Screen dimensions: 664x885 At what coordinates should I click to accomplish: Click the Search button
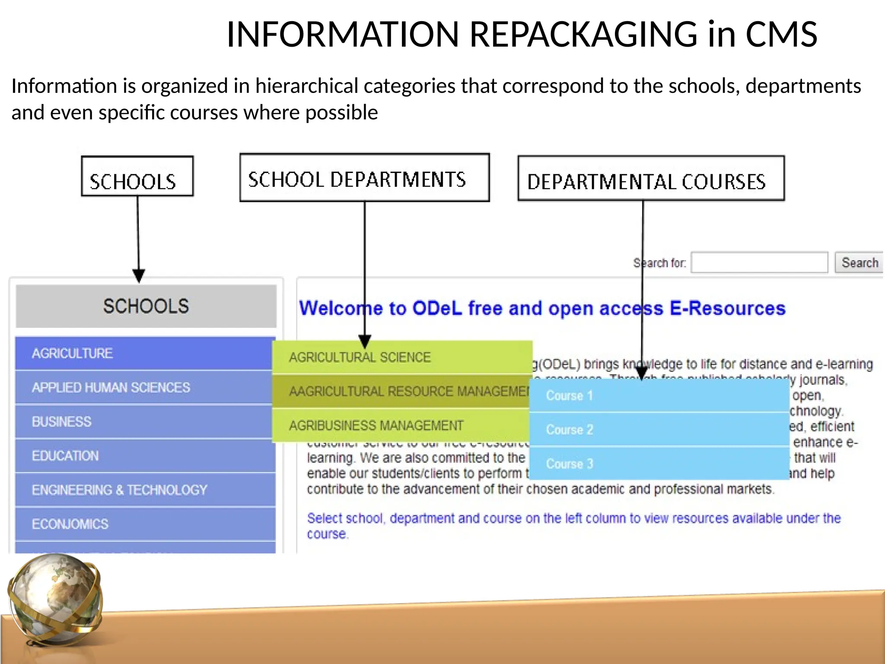tap(859, 262)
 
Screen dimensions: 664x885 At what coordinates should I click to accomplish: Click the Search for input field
tap(759, 262)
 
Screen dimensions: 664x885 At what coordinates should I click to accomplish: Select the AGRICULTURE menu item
tap(145, 353)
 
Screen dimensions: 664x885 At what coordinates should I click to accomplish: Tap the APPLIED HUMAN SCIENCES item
tap(145, 387)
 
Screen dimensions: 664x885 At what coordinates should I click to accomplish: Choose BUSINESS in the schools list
tap(145, 421)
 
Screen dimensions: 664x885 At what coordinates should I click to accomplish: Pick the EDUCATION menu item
tap(145, 456)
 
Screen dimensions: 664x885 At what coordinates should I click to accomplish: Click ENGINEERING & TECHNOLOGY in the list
tap(145, 490)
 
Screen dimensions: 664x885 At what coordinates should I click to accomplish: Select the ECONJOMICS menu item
tap(145, 524)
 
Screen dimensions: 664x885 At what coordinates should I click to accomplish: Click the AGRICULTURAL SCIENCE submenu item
tap(402, 358)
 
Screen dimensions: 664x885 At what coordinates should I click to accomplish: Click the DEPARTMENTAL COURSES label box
tap(651, 179)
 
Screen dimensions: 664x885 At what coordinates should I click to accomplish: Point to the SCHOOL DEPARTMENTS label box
tap(364, 178)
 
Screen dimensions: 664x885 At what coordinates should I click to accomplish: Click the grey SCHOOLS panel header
tap(146, 306)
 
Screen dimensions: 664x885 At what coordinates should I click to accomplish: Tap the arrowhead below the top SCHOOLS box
tap(139, 275)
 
